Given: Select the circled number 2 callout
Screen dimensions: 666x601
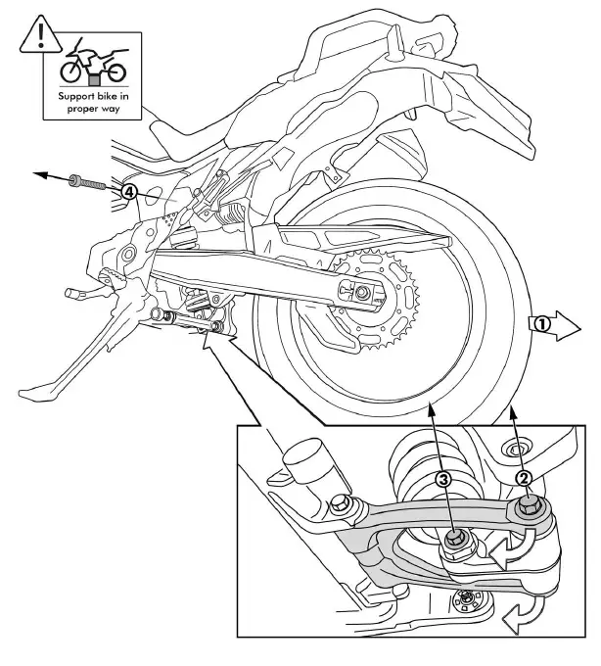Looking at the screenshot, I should click(x=524, y=478).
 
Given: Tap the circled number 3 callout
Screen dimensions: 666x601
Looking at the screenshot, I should click(x=443, y=479).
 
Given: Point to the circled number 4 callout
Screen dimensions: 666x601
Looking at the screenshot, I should click(x=128, y=192).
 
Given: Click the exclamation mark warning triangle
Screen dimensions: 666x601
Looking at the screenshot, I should click(x=40, y=36).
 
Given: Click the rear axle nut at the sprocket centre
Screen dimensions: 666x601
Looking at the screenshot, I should click(x=363, y=292).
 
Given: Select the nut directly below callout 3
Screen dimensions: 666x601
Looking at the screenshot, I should click(x=456, y=540).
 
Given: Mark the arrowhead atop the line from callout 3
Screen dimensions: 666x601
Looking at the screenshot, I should click(x=432, y=412).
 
